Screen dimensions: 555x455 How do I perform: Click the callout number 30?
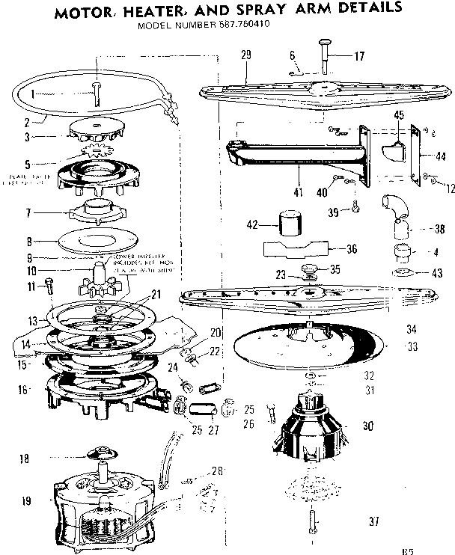pos(367,426)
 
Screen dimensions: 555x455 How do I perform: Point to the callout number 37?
pos(372,520)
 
